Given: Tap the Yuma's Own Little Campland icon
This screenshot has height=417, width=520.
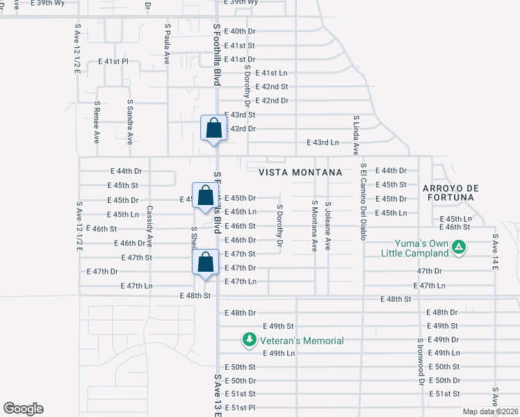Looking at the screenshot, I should click(459, 246).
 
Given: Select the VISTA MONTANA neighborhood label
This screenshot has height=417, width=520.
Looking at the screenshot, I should click(301, 172).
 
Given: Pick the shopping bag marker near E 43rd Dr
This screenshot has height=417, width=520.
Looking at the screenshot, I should click(214, 129).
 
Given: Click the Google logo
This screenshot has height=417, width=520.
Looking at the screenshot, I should click(23, 409).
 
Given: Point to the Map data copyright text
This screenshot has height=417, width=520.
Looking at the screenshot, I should click(491, 411).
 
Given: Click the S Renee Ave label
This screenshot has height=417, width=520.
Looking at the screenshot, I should click(97, 122).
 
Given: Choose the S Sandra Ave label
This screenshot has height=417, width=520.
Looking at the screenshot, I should click(130, 121).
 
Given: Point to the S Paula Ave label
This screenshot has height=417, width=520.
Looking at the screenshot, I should click(168, 44).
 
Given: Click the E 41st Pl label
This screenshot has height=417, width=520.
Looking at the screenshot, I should click(114, 61).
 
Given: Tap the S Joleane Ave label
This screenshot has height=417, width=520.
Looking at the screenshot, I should click(328, 226).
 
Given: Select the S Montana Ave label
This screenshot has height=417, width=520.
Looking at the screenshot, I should click(314, 226).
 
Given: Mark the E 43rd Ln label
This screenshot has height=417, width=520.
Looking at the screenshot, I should click(323, 142).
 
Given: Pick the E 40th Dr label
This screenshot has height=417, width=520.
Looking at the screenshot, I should click(243, 31).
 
